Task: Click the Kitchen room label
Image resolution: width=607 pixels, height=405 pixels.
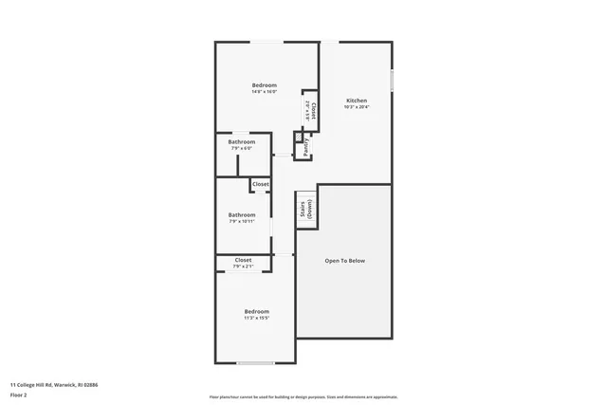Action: click(x=357, y=101)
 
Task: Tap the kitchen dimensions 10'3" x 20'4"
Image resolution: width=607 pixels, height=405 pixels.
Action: click(x=357, y=107)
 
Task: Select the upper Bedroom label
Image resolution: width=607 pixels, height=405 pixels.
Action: click(x=265, y=85)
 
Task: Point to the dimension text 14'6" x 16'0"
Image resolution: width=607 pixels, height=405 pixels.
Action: click(x=265, y=92)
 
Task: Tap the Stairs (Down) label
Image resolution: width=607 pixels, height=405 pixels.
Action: click(x=306, y=210)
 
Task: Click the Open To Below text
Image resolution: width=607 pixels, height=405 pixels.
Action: click(x=344, y=261)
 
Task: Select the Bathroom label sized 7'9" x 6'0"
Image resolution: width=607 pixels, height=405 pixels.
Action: click(x=242, y=142)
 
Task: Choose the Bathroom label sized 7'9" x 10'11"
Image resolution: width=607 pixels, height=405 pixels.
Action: click(x=242, y=214)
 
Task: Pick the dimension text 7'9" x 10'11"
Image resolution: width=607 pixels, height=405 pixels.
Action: click(x=242, y=221)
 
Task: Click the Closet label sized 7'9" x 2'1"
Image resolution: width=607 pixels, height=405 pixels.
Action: click(x=243, y=260)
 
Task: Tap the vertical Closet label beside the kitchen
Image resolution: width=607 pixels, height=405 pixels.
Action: click(x=314, y=110)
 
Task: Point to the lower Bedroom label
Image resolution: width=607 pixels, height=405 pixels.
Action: click(x=257, y=311)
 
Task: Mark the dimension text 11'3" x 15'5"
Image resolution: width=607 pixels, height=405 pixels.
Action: click(x=257, y=318)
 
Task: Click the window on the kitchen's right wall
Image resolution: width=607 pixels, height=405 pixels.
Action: click(x=392, y=81)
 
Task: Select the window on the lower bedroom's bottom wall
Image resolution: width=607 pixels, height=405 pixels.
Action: click(x=255, y=363)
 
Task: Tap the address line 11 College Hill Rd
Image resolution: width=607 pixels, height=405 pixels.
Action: click(x=54, y=384)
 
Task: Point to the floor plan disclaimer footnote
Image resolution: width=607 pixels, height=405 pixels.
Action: click(x=303, y=396)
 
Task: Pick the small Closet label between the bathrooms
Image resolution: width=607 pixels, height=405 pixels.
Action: click(x=260, y=184)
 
